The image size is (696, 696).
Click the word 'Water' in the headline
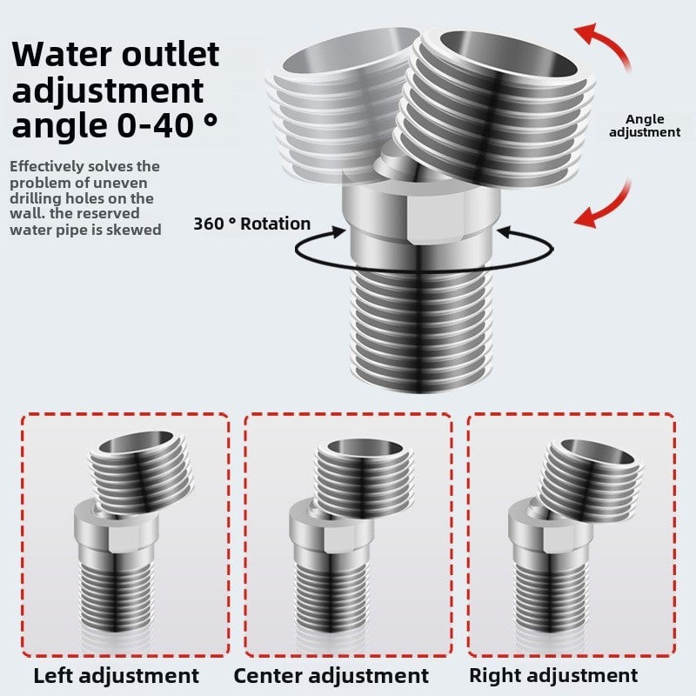66,54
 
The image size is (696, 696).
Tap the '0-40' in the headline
153,125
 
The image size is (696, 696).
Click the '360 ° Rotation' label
251,224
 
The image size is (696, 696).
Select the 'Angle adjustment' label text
645,125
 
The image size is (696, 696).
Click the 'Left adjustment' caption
117,675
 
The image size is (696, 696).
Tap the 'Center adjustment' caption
331,675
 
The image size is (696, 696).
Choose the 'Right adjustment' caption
553,675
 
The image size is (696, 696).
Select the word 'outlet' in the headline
171,54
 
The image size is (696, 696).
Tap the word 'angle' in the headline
57,125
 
